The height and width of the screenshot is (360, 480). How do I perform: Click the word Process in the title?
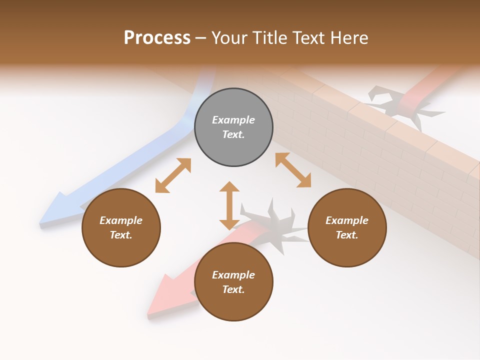point(157,38)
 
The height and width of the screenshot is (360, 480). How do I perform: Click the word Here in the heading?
point(348,38)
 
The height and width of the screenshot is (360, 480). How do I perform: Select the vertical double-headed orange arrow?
point(229,205)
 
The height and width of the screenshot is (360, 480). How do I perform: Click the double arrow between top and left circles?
point(173,175)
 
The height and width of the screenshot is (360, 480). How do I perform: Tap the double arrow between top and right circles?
point(293,170)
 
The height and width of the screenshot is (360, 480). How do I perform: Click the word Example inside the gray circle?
point(233,120)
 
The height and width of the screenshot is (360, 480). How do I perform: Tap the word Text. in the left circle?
point(121,235)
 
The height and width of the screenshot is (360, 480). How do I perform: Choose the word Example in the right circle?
point(347,220)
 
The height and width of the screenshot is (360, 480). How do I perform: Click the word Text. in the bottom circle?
point(233,289)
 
